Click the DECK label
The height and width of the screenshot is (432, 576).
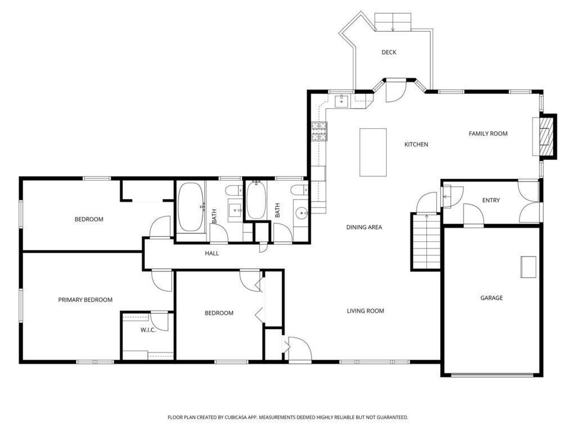pos(389,52)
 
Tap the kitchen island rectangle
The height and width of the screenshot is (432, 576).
pos(373,152)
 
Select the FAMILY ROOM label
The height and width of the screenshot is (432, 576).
pos(488,134)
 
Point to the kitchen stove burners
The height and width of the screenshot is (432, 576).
pos(319,132)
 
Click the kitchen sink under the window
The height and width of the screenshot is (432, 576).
pos(341,101)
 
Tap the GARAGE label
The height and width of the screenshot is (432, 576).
pos(492,298)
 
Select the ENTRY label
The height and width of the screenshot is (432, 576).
pos(490,200)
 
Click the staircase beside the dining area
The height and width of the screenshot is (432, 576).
pos(426,242)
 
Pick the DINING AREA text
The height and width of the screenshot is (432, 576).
pos(364,227)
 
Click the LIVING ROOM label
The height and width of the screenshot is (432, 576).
pos(366,310)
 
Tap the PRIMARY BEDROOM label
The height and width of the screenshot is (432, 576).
pos(85,300)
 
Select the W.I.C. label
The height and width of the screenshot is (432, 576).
pos(148,330)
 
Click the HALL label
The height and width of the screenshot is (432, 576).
pos(212,253)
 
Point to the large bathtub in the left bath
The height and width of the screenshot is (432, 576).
pos(191,207)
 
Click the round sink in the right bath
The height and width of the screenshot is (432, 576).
pos(302,213)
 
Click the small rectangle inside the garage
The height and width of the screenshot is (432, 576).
pos(528,267)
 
